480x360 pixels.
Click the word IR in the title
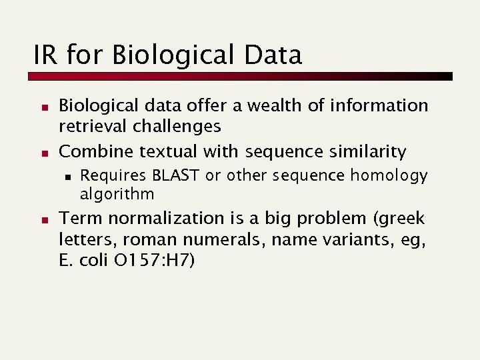[45, 55]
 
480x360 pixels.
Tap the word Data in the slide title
[273, 55]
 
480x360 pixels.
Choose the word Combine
[96, 152]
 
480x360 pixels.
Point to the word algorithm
[117, 194]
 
